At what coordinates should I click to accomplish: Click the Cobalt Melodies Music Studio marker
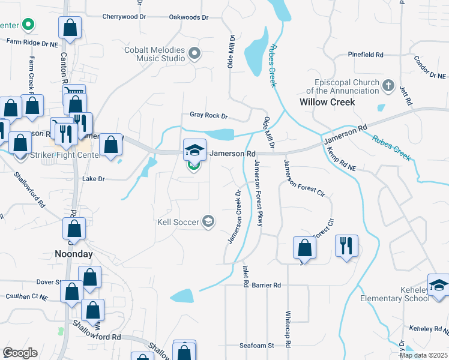[x=194, y=55]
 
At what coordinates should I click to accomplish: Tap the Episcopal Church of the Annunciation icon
[x=388, y=86]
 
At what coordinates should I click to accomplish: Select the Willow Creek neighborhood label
[x=327, y=102]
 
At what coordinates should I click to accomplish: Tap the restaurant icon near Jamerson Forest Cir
[x=346, y=245]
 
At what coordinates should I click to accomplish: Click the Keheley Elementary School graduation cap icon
[x=438, y=286]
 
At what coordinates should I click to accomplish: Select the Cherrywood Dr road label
[x=125, y=17]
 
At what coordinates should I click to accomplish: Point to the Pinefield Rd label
[x=366, y=55]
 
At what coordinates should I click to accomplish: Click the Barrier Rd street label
[x=267, y=285]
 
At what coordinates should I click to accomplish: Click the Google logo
[x=19, y=353]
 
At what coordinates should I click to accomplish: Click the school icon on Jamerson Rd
[x=194, y=149]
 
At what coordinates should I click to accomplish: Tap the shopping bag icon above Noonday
[x=74, y=228]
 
